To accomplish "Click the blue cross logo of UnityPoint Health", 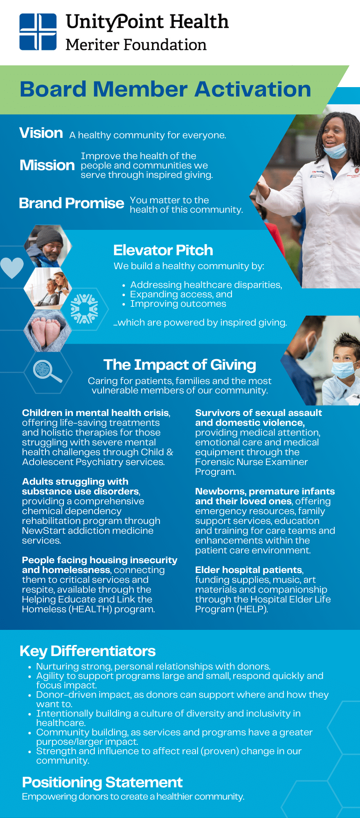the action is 38,31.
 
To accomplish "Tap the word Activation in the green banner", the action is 253,89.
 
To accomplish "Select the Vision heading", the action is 41,133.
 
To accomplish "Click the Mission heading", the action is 47,165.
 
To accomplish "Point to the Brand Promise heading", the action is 72,203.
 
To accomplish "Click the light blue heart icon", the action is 12,268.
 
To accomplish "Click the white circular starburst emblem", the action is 84,309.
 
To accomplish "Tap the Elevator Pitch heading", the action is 163,250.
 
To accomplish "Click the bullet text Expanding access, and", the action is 181,294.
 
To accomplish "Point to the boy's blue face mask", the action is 343,369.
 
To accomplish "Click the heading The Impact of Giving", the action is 180,364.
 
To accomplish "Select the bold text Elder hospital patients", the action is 249,570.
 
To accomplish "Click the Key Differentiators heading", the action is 88,651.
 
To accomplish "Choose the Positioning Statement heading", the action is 102,782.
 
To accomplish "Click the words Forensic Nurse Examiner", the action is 251,462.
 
